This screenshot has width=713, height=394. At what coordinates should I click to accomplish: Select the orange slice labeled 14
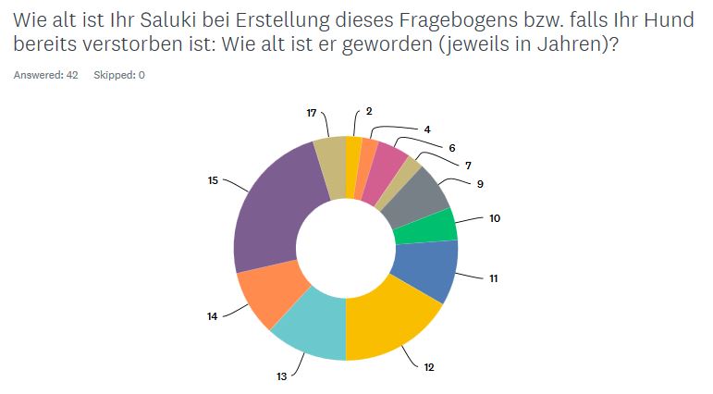[264, 296]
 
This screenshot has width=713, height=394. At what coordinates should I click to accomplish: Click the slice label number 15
[213, 180]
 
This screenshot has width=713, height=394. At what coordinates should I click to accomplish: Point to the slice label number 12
[429, 367]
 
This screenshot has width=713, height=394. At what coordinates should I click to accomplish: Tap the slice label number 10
[495, 218]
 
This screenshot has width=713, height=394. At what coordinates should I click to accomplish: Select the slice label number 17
[313, 111]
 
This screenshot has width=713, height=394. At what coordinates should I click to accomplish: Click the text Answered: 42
[45, 75]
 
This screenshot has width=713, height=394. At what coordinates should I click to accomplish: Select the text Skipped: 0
[119, 75]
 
